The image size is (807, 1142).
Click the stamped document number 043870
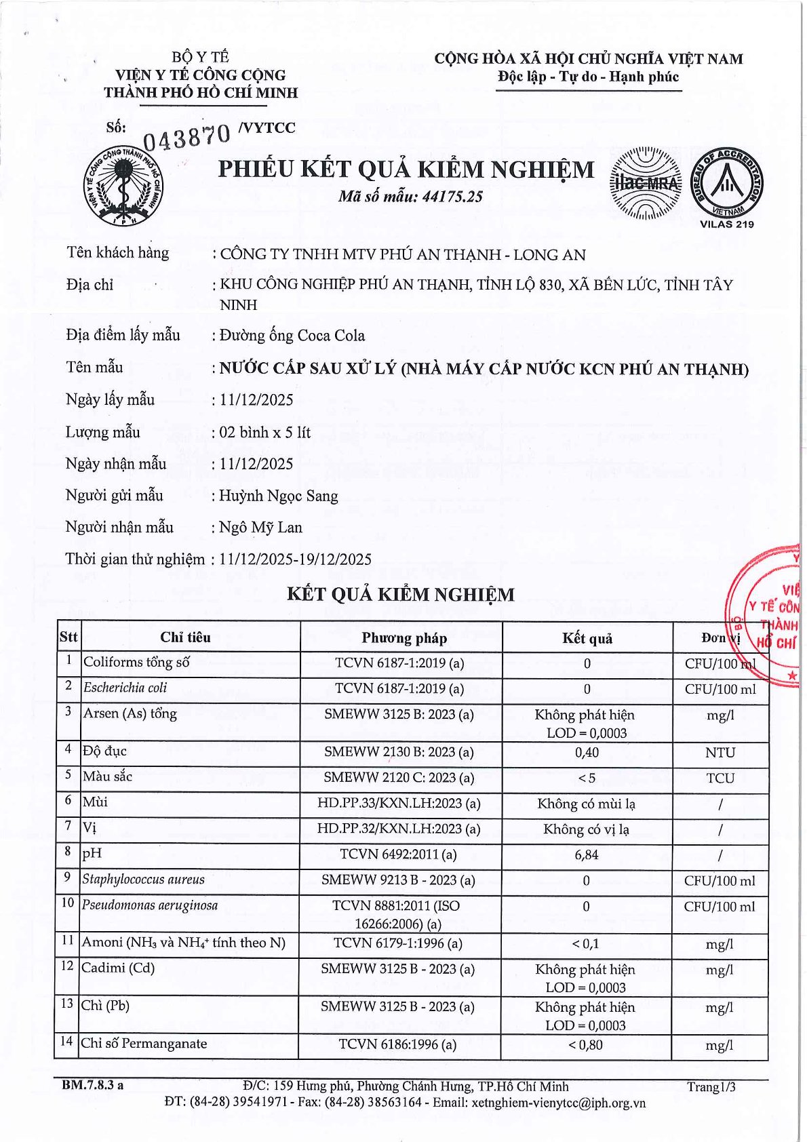click(186, 137)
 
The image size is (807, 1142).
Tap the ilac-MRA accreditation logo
click(646, 183)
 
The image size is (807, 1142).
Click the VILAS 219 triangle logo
click(726, 182)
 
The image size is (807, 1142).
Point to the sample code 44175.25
click(452, 197)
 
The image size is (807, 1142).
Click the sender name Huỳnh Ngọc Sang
click(278, 496)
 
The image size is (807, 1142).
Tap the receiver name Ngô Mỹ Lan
click(260, 528)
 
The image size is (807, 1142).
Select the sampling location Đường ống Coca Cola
click(292, 336)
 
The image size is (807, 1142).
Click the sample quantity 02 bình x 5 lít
click(264, 433)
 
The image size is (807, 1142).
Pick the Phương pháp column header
click(403, 638)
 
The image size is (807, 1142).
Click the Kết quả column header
click(587, 638)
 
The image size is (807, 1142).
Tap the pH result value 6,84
click(587, 855)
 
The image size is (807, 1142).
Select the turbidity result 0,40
click(587, 753)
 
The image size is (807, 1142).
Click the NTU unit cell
click(720, 753)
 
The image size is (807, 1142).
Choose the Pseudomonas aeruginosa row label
click(150, 905)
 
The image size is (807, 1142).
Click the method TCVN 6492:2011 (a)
click(398, 855)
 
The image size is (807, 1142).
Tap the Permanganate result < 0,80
click(586, 1045)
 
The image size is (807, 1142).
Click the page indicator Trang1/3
click(711, 1087)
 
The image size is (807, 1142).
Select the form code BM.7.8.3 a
click(93, 1086)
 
